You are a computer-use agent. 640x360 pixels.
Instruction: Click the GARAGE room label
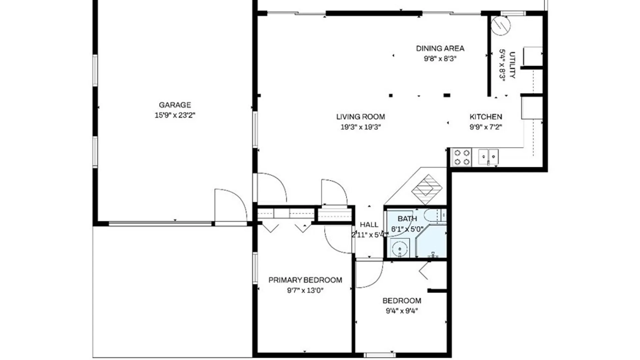coord(175,105)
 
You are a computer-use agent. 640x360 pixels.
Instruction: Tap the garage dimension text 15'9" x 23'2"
coord(175,115)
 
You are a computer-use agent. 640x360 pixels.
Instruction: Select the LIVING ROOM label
coord(360,117)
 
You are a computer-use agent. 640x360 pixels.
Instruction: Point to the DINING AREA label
coord(440,48)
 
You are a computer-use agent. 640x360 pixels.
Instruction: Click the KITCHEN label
coord(486,117)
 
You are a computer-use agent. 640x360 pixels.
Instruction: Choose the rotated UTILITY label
coord(512,65)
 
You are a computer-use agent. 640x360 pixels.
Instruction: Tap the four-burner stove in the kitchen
coord(462,157)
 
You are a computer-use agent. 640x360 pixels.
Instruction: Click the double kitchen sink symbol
coord(488,157)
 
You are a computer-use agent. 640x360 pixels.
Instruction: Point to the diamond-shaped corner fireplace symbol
coord(427,189)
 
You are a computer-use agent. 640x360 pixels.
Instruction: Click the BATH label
coord(407,219)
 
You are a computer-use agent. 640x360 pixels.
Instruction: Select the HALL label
coord(369,225)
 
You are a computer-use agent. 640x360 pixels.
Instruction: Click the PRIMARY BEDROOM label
coord(305,280)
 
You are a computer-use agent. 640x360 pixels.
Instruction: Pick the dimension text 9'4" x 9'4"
coord(402,311)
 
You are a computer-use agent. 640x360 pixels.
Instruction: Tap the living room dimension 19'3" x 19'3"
coord(360,127)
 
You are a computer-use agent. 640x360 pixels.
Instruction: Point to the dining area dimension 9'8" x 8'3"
coord(440,59)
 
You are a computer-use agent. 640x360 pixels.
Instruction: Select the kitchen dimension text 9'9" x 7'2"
coord(486,127)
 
